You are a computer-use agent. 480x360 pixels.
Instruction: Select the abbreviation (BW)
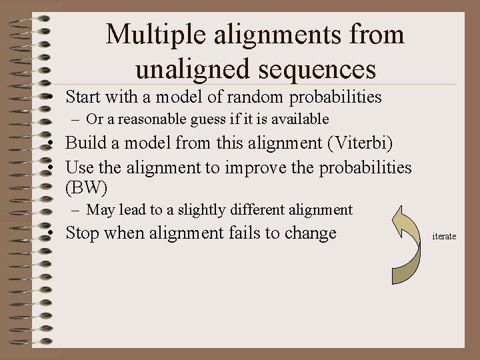pos(87,188)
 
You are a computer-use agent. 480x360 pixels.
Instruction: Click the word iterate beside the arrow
pos(444,236)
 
